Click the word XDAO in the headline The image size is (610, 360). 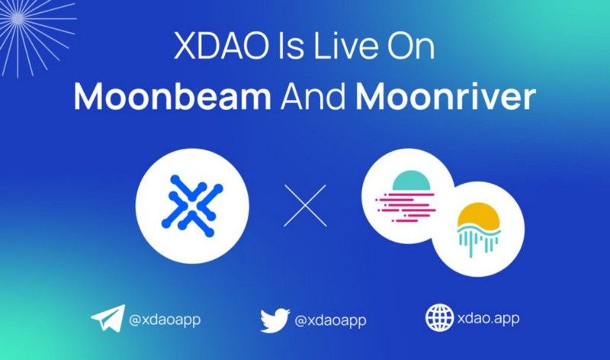[221, 45]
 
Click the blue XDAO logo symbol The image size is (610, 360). [192, 206]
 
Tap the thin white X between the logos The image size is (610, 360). [306, 205]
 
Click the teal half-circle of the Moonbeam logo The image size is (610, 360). [411, 180]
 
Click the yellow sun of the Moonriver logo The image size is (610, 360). [479, 216]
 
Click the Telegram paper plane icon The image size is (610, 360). [108, 317]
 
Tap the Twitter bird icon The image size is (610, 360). [275, 320]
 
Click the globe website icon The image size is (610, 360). [440, 317]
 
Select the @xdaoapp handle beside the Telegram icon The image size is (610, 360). [165, 320]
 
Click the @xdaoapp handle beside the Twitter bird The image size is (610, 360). [330, 320]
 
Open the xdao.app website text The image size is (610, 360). [488, 319]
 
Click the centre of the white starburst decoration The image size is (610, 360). [18, 18]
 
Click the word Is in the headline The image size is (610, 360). [291, 45]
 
